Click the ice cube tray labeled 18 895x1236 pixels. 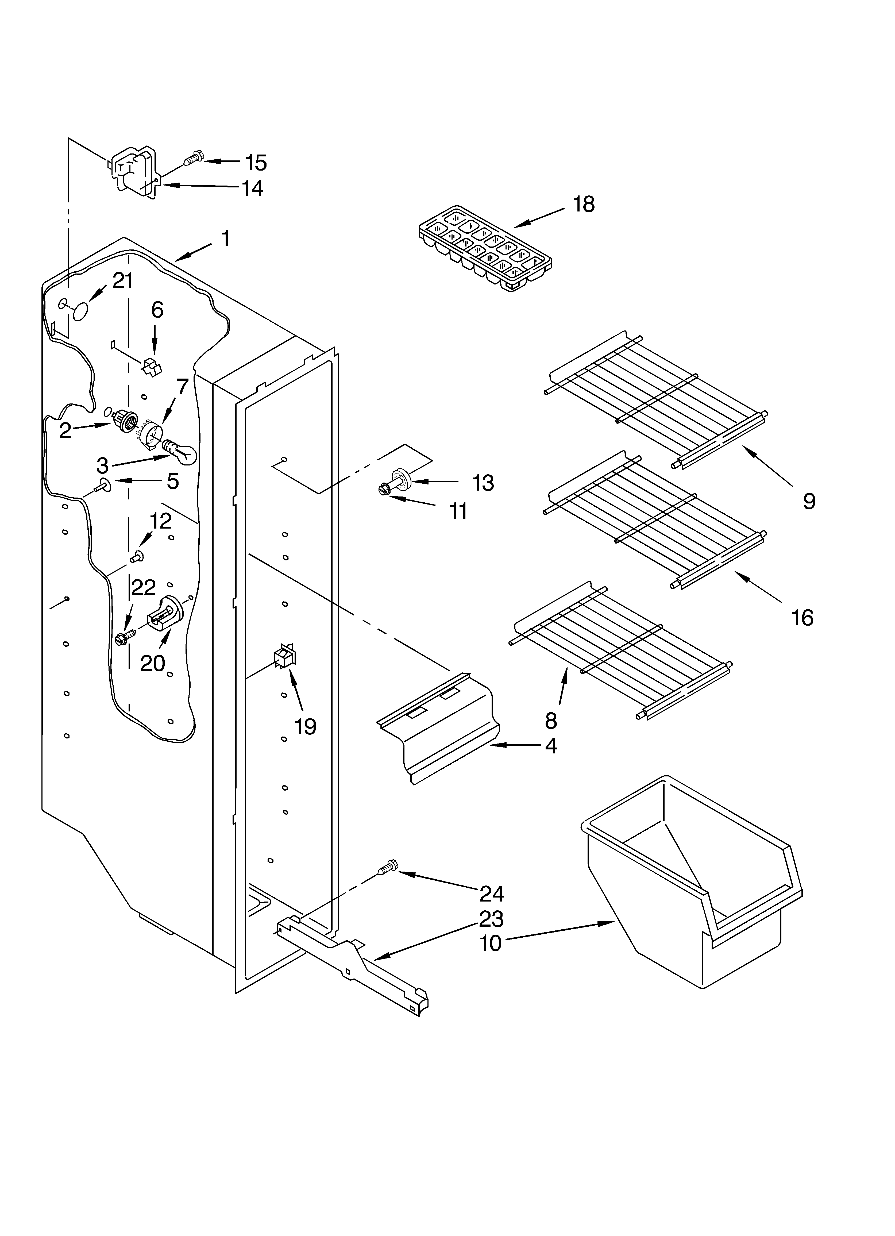(x=485, y=248)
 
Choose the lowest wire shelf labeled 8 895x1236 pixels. (x=621, y=649)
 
